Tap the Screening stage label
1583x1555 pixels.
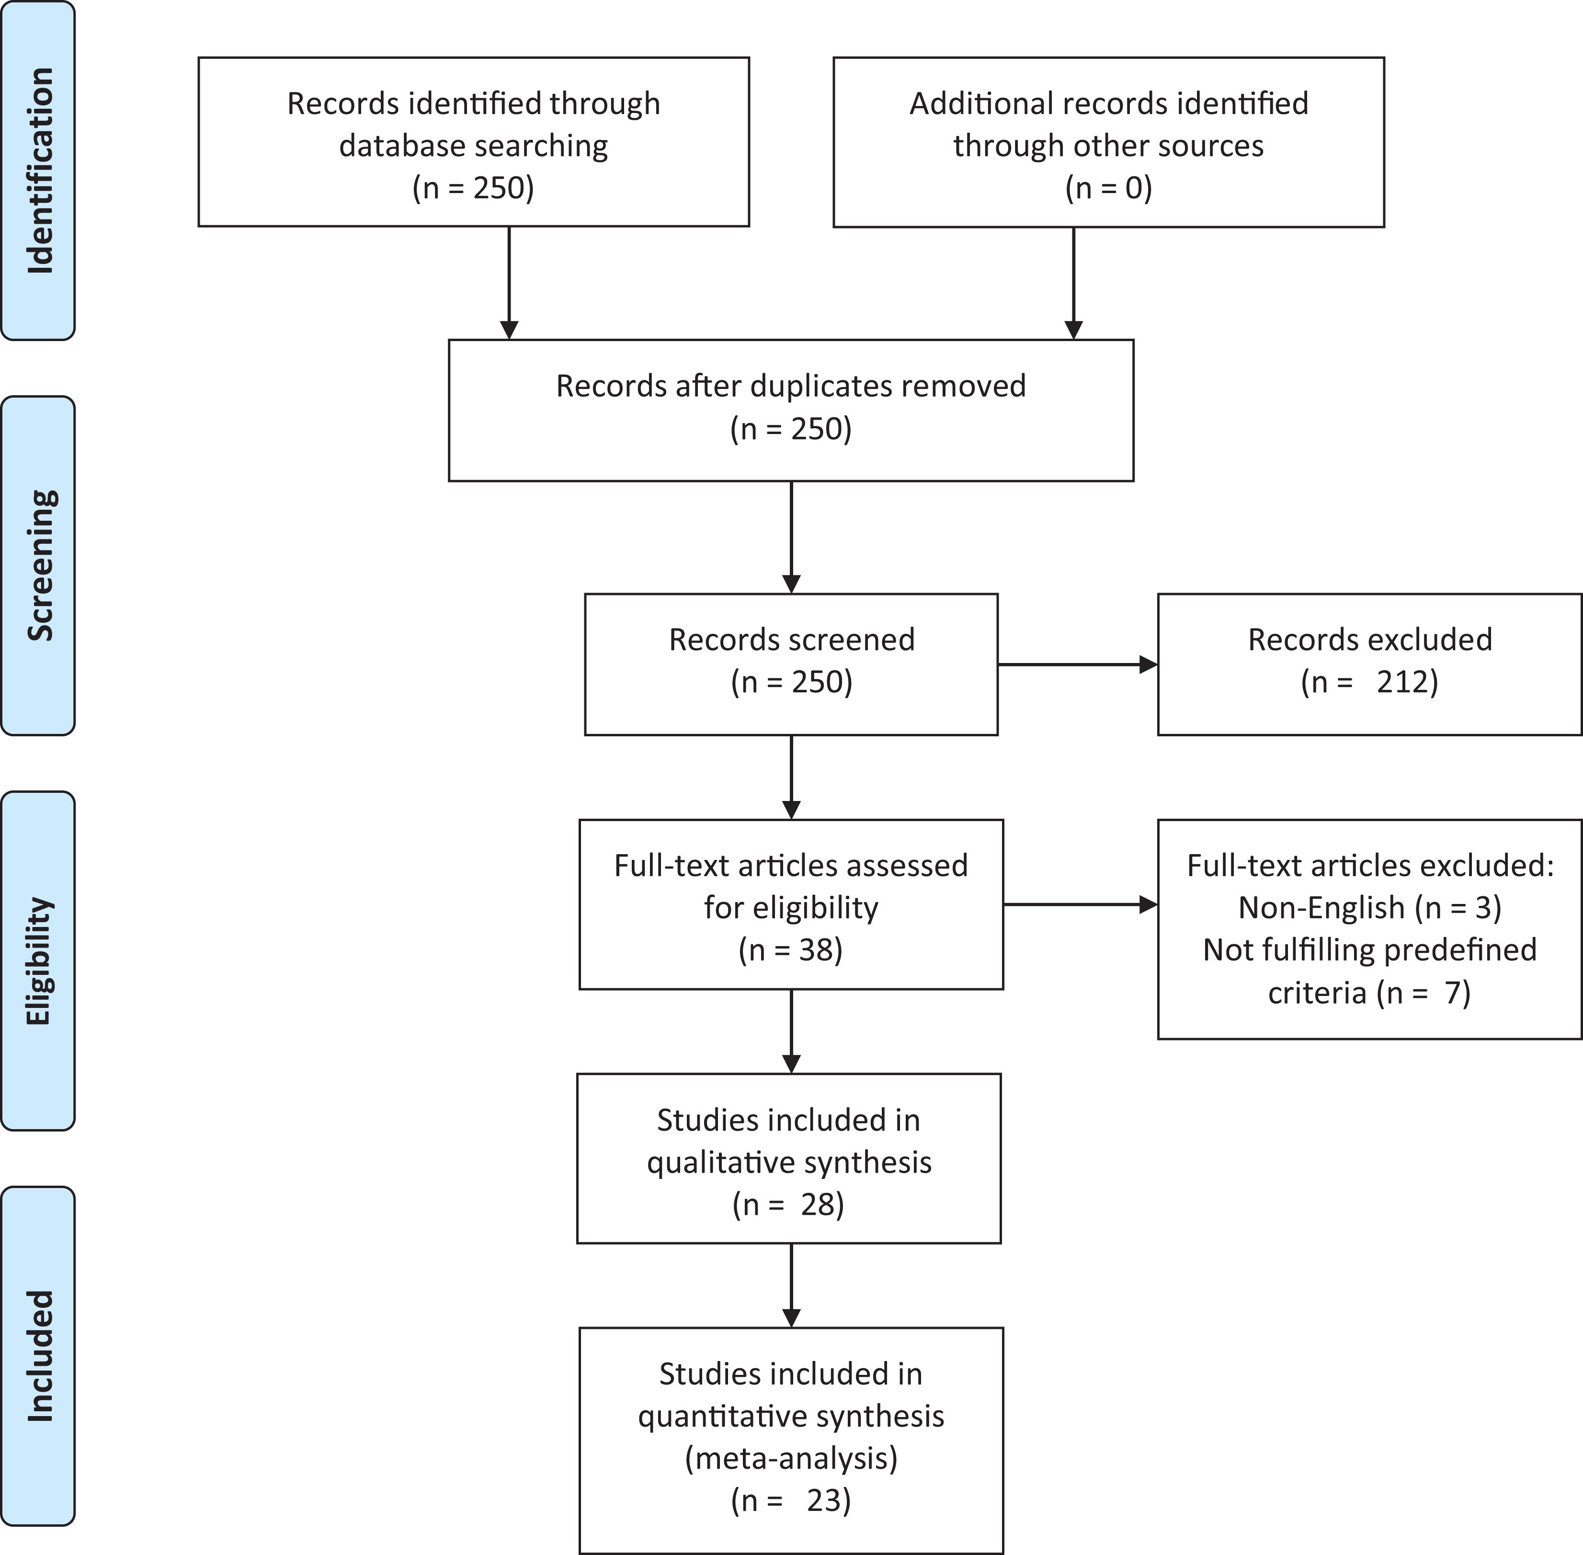(40, 565)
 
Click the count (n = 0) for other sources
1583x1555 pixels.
(1108, 188)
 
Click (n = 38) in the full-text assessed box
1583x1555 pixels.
(790, 950)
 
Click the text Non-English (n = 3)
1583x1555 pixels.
(1369, 907)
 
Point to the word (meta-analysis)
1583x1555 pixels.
(790, 1458)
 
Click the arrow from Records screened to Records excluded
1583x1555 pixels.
(1078, 665)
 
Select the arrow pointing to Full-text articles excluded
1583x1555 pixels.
(1080, 904)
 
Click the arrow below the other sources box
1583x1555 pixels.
(1073, 283)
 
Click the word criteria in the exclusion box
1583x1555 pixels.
(1317, 992)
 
